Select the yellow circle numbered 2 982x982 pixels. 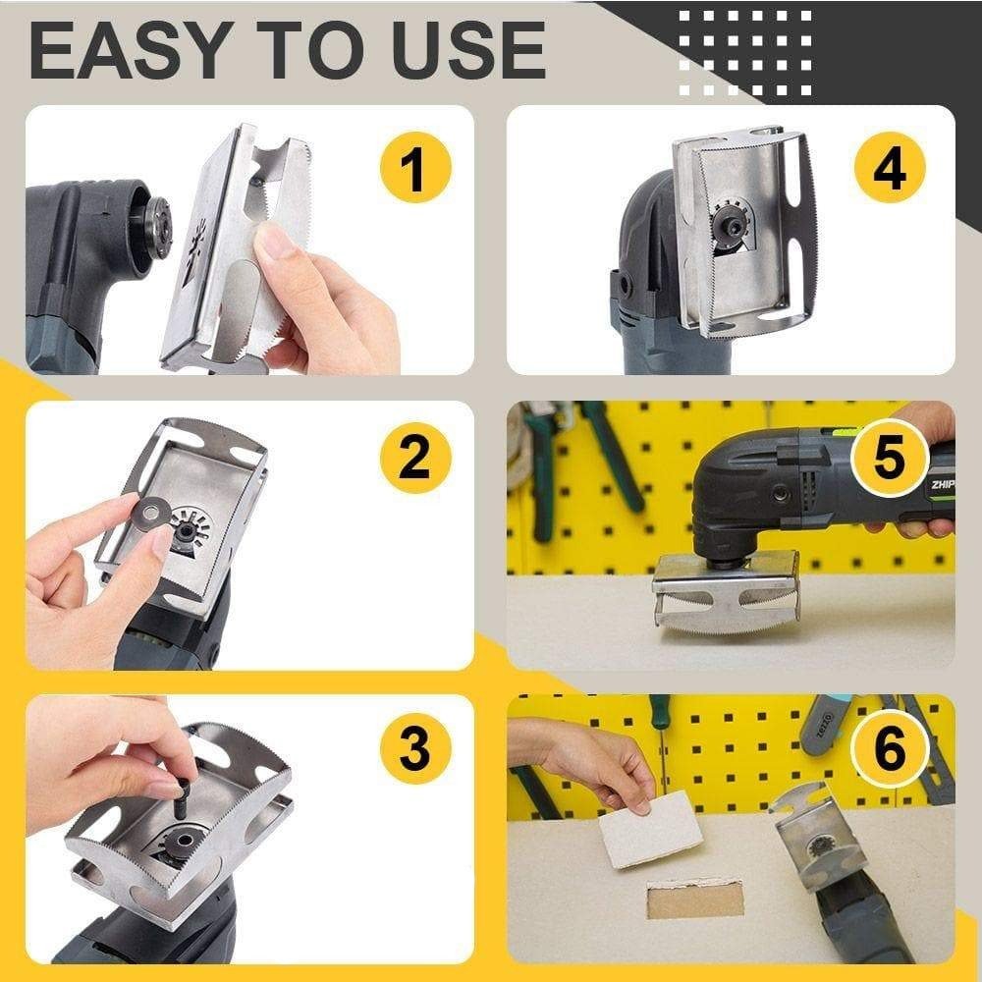(x=413, y=458)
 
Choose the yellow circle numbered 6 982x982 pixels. (x=889, y=751)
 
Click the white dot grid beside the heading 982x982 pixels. (x=746, y=49)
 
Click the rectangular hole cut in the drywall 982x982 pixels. (x=695, y=896)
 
